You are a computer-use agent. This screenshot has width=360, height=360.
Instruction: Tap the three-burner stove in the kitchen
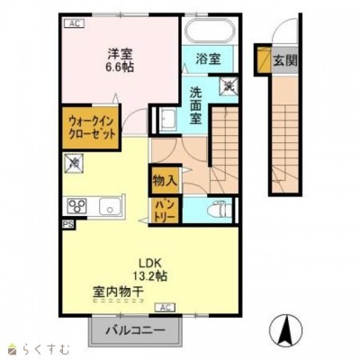click(x=76, y=206)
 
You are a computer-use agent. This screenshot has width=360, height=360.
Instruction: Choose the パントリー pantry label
click(x=164, y=211)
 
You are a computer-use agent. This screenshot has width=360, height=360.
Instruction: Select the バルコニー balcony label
click(x=133, y=331)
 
